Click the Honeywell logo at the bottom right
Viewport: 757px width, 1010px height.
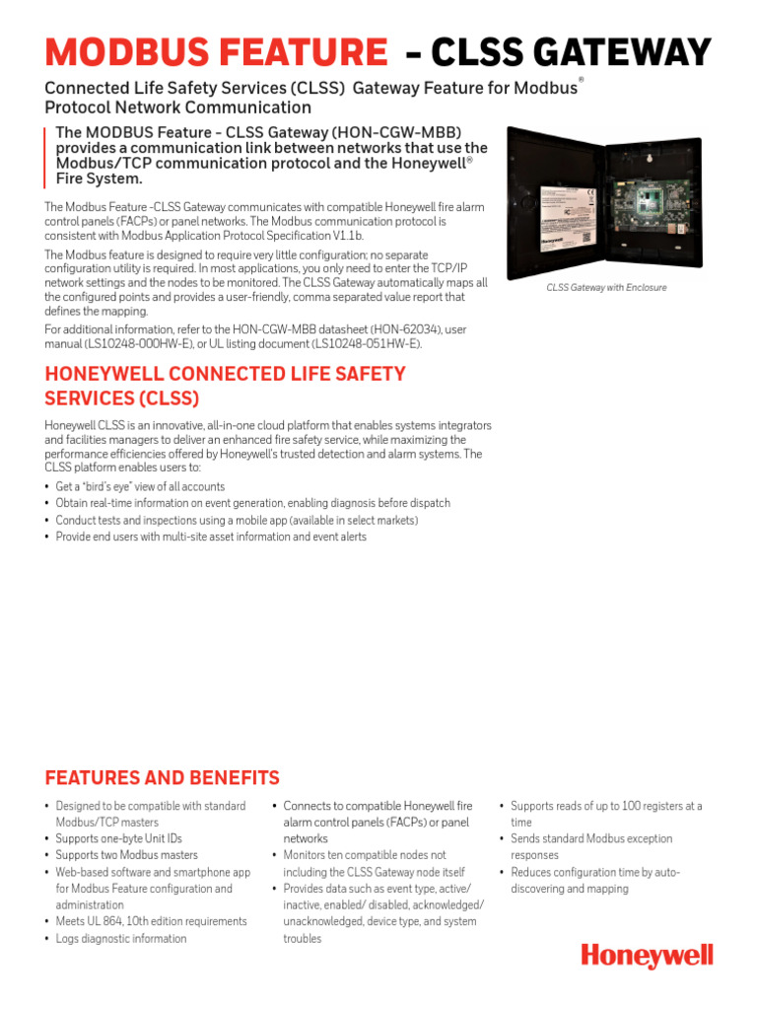(x=647, y=956)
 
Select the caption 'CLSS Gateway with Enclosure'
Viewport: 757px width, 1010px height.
(x=606, y=288)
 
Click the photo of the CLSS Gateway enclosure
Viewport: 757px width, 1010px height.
(x=606, y=202)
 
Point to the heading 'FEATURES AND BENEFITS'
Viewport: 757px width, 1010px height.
(x=163, y=777)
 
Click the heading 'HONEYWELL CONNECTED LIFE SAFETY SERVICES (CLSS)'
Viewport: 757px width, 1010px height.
(x=225, y=386)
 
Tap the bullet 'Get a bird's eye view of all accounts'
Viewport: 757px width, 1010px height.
(x=140, y=487)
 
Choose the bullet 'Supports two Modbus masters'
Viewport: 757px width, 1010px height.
(x=126, y=855)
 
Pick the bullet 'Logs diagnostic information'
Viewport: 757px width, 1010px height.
(x=120, y=939)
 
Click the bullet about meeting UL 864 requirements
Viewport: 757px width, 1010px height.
(x=151, y=922)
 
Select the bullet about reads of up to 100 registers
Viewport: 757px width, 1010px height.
(x=605, y=814)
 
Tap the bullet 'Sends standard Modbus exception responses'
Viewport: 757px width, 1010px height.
(x=590, y=846)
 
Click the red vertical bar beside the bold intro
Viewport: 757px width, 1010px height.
(x=45, y=157)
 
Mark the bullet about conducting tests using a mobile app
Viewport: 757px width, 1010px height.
(x=237, y=520)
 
